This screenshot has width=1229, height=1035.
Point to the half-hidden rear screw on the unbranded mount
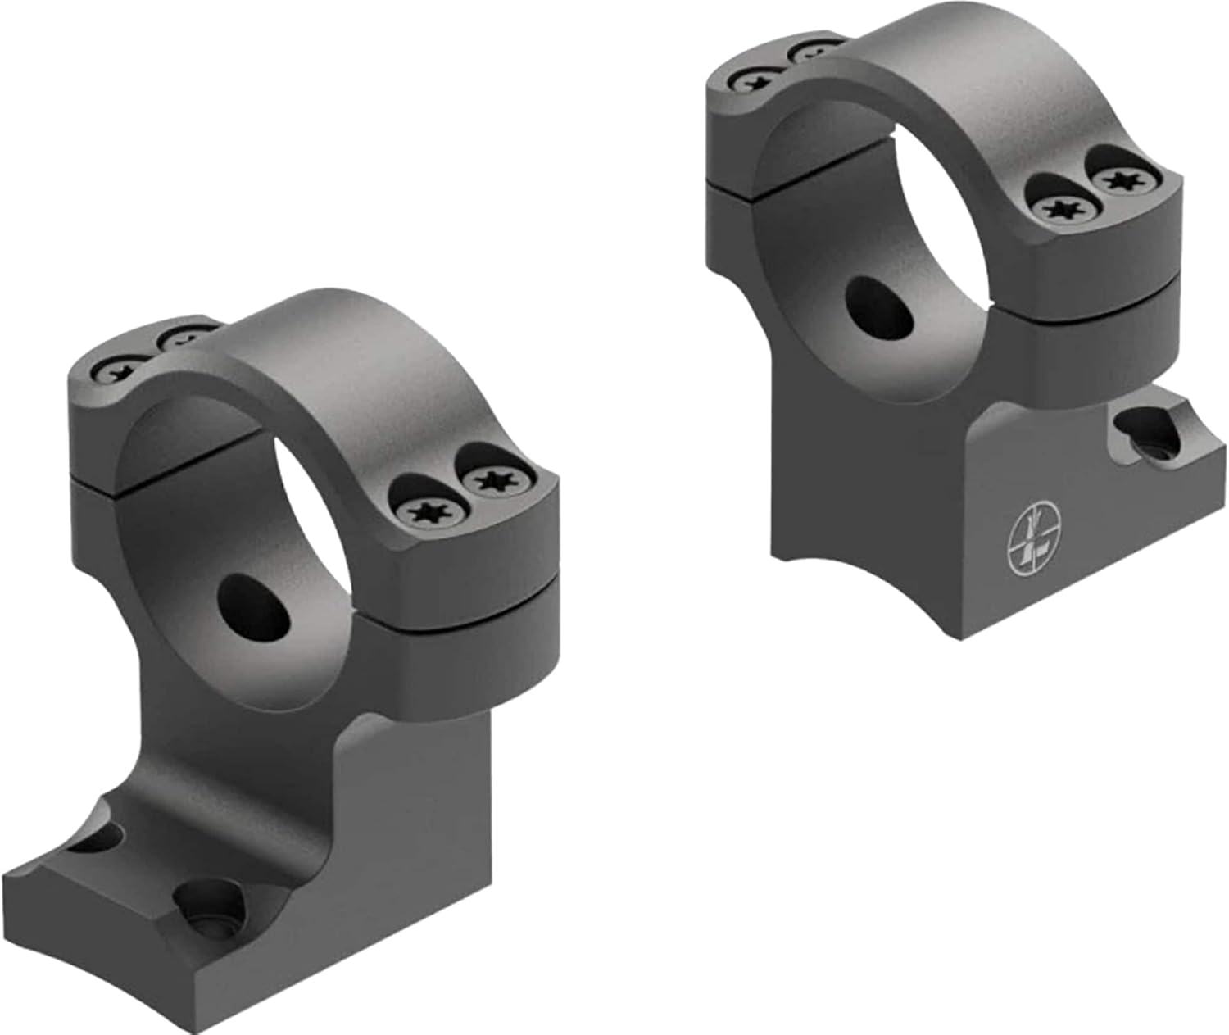[183, 337]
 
